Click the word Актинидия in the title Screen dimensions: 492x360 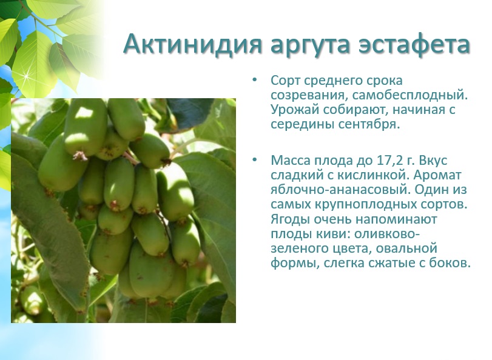pyautogui.click(x=192, y=44)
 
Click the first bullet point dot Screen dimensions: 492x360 pyautogui.click(x=254, y=80)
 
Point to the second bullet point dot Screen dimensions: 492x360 pyautogui.click(x=254, y=160)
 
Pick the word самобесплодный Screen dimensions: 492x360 pyautogui.click(x=409, y=95)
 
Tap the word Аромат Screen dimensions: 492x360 pyautogui.click(x=437, y=175)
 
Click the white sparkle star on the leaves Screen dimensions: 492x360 pyautogui.click(x=27, y=76)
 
